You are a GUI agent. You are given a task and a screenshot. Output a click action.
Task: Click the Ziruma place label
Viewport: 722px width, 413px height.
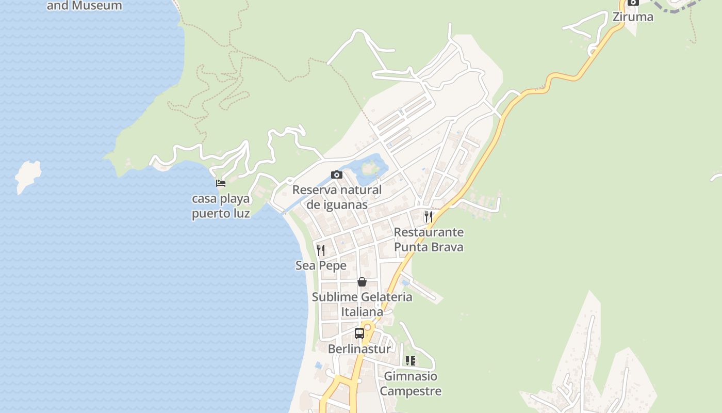pos(633,17)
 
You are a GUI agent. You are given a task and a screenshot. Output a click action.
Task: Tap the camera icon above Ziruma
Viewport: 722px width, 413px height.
pos(633,3)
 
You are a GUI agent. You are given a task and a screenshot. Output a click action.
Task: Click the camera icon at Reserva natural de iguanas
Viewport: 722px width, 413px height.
pos(337,175)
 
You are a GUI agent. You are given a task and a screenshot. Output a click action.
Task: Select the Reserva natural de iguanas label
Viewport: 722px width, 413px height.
pos(337,197)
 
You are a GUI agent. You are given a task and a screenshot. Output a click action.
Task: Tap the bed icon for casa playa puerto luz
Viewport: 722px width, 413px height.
pos(221,183)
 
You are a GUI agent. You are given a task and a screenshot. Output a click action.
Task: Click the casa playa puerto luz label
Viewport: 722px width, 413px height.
pos(221,206)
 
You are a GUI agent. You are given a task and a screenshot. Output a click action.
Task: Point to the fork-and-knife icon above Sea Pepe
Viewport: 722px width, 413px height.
pos(321,250)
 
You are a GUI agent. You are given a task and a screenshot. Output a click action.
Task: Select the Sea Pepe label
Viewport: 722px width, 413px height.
pos(321,265)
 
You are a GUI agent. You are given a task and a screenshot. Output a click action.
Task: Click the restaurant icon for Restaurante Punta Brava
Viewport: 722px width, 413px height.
pos(429,217)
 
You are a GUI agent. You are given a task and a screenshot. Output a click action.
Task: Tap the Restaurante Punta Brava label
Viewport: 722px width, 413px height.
pos(429,240)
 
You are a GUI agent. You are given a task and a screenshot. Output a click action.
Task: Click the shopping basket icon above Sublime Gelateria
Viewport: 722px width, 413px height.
pos(362,282)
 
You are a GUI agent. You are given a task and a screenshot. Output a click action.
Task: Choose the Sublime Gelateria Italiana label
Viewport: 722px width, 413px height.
pos(362,305)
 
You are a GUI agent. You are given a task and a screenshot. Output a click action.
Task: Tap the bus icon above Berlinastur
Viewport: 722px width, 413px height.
pos(359,333)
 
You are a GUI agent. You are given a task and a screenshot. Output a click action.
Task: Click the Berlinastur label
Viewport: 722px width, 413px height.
pos(359,349)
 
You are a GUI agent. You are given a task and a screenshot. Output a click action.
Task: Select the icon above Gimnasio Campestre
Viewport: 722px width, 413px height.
pos(411,361)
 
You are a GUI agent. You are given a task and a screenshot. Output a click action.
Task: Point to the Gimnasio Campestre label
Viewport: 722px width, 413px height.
pos(411,384)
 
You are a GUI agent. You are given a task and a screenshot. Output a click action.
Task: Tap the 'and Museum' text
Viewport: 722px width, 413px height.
pos(85,6)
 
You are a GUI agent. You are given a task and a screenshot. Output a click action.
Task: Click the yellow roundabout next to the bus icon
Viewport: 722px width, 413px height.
pos(368,327)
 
